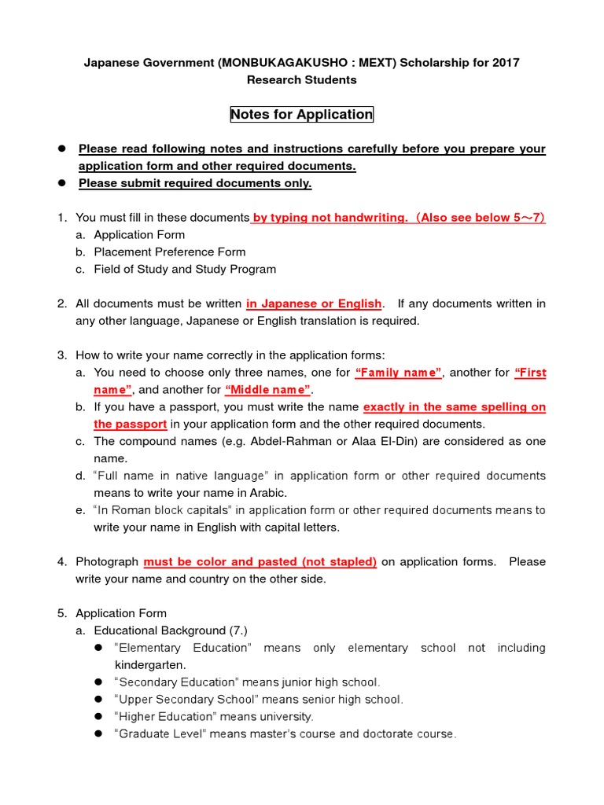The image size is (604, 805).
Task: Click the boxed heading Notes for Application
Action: (x=301, y=115)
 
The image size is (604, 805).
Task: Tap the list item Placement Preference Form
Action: (x=169, y=252)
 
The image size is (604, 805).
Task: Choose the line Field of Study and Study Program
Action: (x=185, y=269)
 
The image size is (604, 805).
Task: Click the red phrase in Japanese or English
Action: (x=314, y=303)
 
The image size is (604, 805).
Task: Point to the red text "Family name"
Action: (x=399, y=373)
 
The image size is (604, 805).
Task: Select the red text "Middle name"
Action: (x=268, y=390)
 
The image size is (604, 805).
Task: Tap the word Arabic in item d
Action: (x=268, y=493)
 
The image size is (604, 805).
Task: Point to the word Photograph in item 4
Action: (x=106, y=561)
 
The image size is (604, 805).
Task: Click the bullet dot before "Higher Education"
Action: (x=99, y=716)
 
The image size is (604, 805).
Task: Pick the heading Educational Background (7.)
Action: (x=171, y=630)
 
